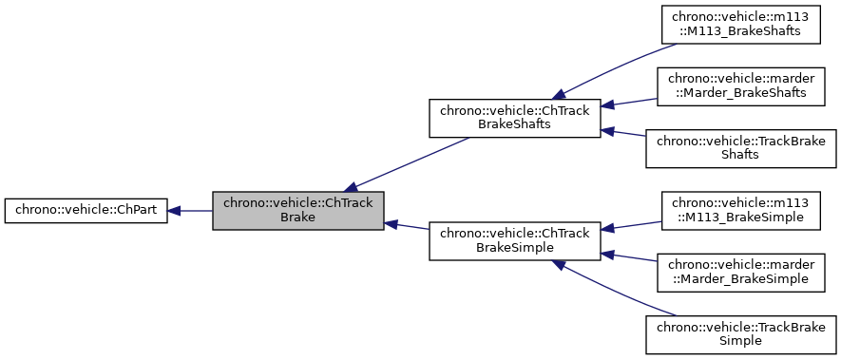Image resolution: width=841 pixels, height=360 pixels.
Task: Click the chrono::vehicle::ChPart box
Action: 86,211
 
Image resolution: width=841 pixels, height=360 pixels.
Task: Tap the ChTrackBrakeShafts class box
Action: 514,118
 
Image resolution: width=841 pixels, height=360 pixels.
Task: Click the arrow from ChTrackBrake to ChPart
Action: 190,211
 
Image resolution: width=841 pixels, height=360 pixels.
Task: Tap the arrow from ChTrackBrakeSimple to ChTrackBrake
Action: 407,227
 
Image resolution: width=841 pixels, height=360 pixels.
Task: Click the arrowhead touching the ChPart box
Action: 176,211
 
